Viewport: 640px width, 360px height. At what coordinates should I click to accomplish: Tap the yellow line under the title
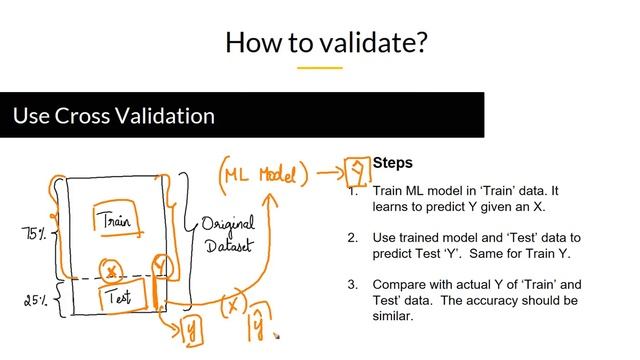[320, 68]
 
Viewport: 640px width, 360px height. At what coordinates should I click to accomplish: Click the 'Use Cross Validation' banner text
[113, 116]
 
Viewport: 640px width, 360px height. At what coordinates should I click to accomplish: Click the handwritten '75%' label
[35, 234]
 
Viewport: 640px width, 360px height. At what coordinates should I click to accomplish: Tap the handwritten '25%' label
[37, 299]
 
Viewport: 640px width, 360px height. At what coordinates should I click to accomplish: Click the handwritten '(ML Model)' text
[261, 174]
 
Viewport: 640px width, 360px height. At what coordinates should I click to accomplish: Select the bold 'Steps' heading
[392, 163]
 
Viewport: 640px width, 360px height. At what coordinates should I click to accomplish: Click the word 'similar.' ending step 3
[396, 316]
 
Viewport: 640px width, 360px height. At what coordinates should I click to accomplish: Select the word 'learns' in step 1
[392, 206]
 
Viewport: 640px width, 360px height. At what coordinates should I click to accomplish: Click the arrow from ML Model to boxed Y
[322, 173]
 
